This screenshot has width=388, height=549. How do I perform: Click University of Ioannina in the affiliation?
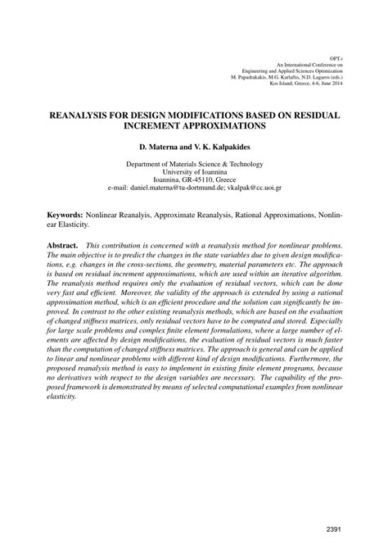coord(194,171)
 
